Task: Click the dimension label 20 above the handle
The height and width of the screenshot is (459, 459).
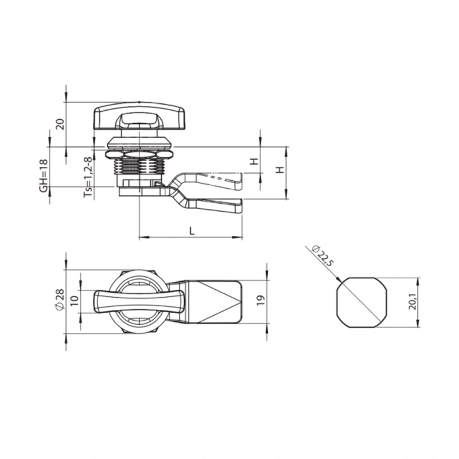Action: click(60, 125)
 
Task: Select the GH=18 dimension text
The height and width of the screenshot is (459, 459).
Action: click(44, 176)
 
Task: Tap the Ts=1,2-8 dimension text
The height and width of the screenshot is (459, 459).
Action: click(88, 177)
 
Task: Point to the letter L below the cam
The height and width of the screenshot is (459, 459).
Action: click(192, 231)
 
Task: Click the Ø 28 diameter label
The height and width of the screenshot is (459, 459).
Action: click(60, 299)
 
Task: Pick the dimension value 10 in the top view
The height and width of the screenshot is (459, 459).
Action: click(75, 301)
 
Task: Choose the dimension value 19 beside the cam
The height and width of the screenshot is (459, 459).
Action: click(260, 300)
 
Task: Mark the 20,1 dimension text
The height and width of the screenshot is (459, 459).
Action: click(412, 302)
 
